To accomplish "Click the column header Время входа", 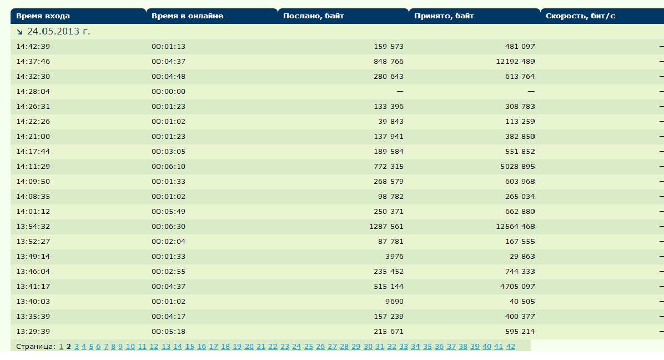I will [43, 16].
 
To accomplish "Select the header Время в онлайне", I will [187, 16].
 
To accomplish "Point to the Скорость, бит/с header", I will [581, 16].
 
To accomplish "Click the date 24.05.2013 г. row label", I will [58, 32].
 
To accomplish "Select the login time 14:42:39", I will [33, 47].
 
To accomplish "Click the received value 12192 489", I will [515, 62].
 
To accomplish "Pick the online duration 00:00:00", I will [168, 92].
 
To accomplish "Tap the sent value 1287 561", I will [386, 227].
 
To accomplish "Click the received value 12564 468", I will [515, 227].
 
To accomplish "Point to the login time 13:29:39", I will [33, 332].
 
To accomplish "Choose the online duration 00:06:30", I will [168, 227].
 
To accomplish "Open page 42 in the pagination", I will [511, 347].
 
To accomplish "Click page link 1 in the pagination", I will [61, 347].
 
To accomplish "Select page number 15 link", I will [190, 347].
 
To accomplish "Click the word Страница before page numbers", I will [36, 347].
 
